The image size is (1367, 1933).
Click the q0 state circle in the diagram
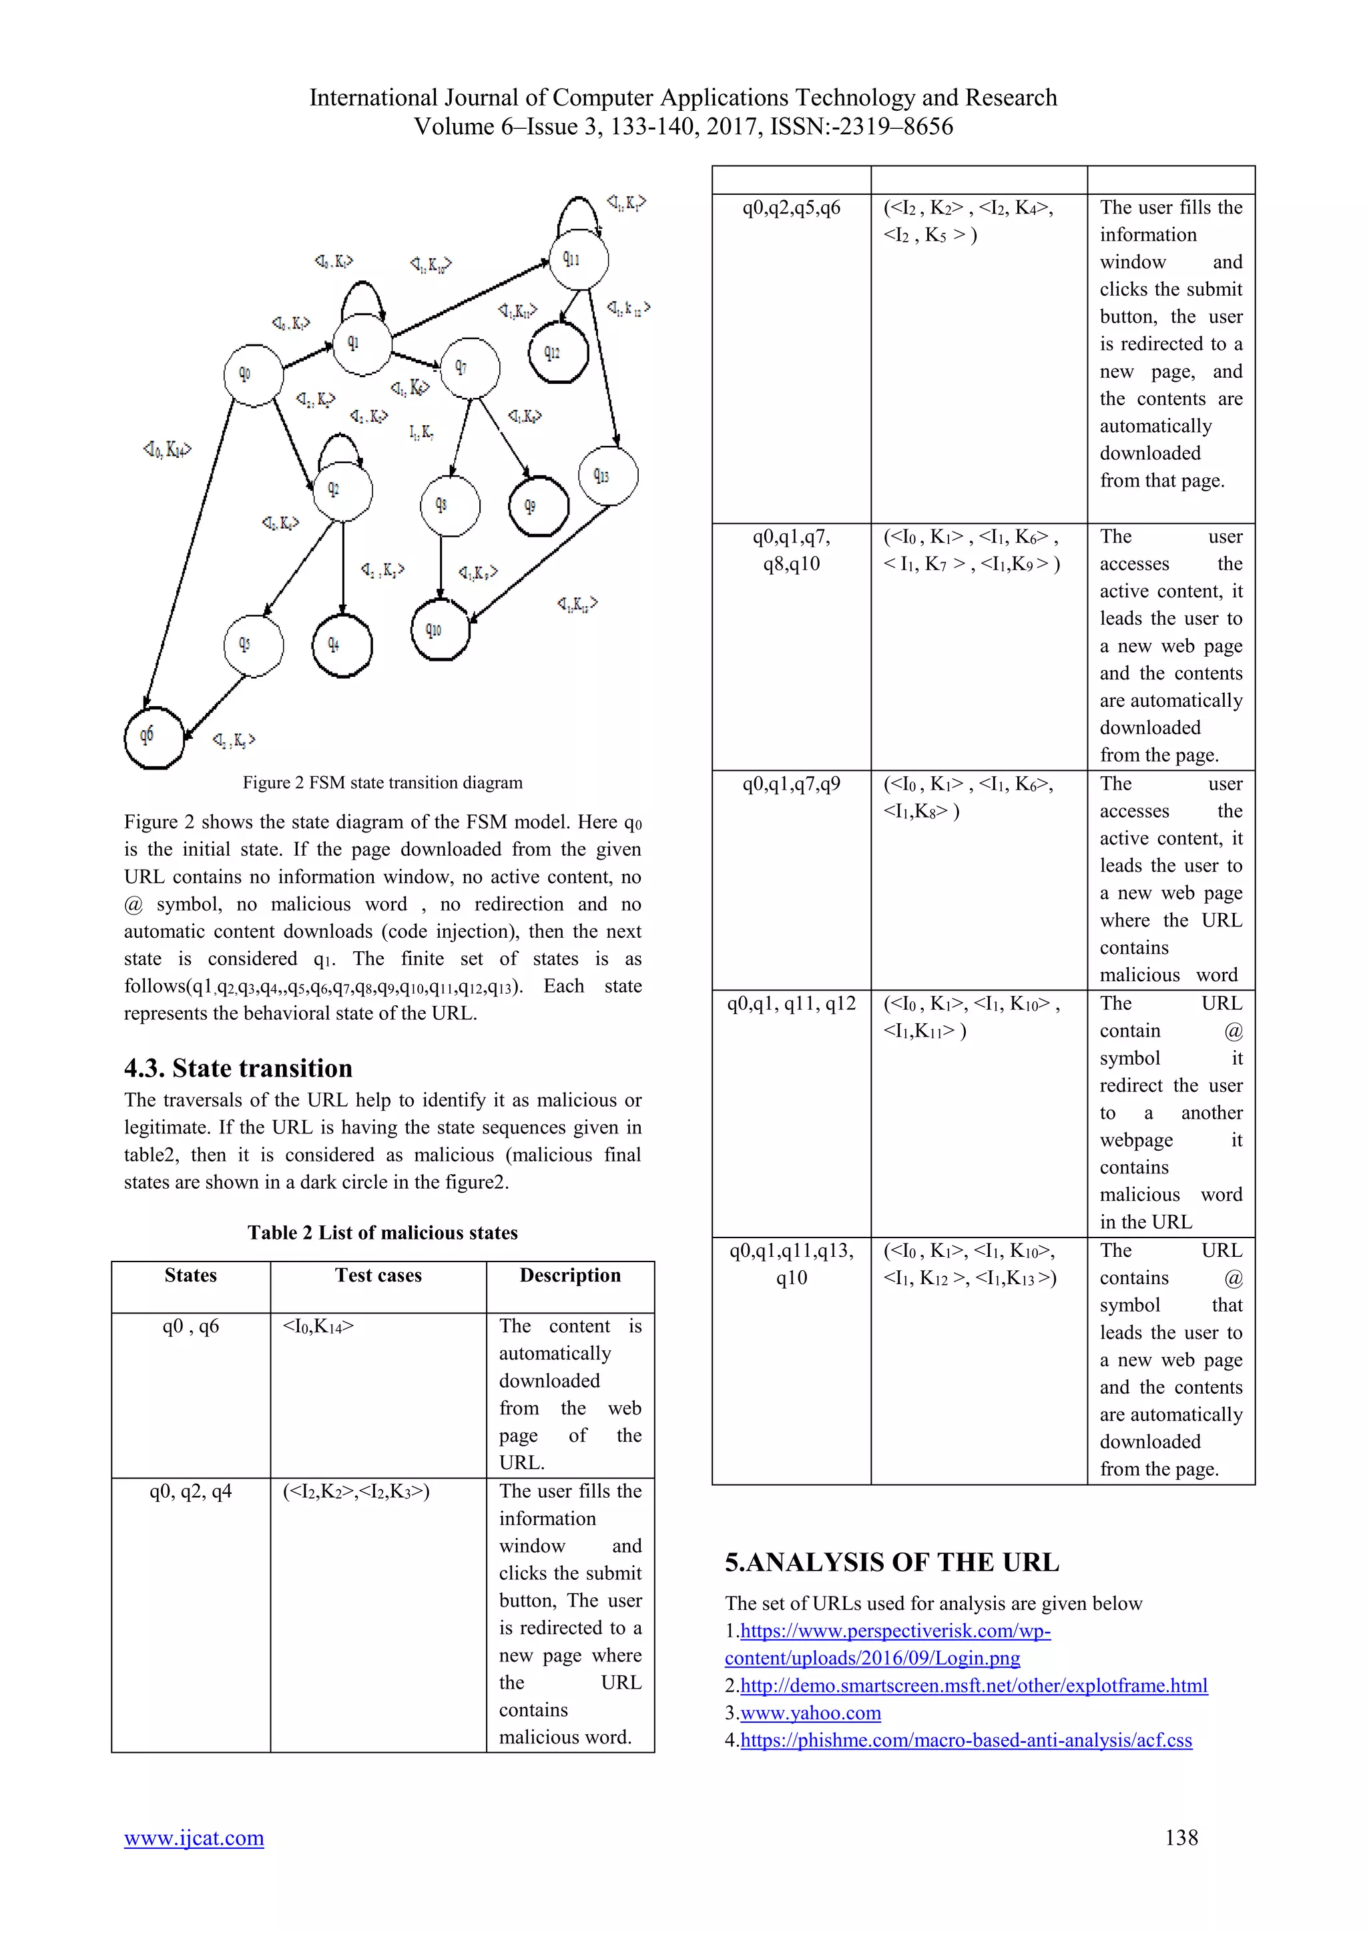252,374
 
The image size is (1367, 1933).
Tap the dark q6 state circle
154,738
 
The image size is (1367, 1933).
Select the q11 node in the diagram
577,259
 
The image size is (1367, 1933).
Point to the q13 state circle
608,476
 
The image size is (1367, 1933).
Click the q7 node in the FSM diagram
470,368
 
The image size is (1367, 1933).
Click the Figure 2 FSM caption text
382,782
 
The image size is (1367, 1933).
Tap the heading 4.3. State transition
238,1067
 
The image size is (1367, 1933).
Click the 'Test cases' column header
378,1275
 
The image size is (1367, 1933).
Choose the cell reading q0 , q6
190,1326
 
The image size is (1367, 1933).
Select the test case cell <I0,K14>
318,1326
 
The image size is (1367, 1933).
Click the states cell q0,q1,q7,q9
790,784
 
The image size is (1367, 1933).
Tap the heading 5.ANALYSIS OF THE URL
891,1562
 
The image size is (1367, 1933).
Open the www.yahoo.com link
810,1713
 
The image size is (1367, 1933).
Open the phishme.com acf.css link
965,1739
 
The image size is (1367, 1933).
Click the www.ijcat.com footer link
194,1837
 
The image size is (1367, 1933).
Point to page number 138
1181,1837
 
